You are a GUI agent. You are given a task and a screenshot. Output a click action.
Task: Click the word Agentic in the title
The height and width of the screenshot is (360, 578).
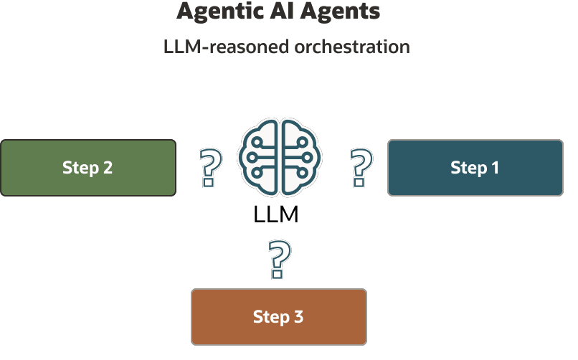click(x=213, y=12)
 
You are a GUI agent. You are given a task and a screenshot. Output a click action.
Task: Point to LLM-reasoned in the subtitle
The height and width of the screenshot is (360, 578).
click(x=224, y=47)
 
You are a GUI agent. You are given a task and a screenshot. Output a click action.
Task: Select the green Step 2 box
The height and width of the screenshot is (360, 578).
click(x=88, y=168)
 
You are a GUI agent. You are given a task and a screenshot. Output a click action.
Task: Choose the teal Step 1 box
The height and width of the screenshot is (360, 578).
click(x=475, y=168)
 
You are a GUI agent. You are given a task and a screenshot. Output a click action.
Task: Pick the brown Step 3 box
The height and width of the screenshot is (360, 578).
click(x=278, y=316)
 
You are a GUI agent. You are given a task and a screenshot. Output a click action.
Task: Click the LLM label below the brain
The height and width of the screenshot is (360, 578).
click(x=276, y=214)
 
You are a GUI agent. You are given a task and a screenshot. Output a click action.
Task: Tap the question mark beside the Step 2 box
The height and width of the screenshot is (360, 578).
click(x=209, y=169)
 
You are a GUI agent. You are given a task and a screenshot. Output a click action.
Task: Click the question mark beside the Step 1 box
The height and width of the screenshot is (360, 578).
click(x=361, y=168)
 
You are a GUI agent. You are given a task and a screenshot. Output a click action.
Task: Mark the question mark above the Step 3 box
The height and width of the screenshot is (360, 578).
click(x=279, y=260)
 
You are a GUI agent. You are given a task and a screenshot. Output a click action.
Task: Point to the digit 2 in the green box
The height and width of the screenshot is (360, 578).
click(x=108, y=168)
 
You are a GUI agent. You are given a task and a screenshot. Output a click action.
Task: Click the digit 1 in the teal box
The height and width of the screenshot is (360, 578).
click(x=495, y=168)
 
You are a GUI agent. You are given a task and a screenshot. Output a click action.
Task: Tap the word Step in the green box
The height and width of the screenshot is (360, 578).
click(x=80, y=168)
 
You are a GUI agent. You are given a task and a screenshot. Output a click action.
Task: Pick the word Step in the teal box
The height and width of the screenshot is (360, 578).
click(x=468, y=168)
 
